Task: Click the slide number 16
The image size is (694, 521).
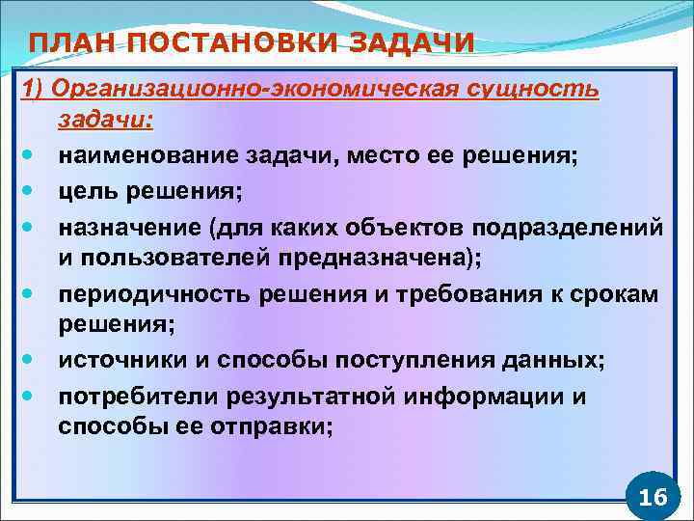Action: click(x=653, y=497)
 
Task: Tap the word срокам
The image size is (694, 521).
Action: click(x=622, y=294)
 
